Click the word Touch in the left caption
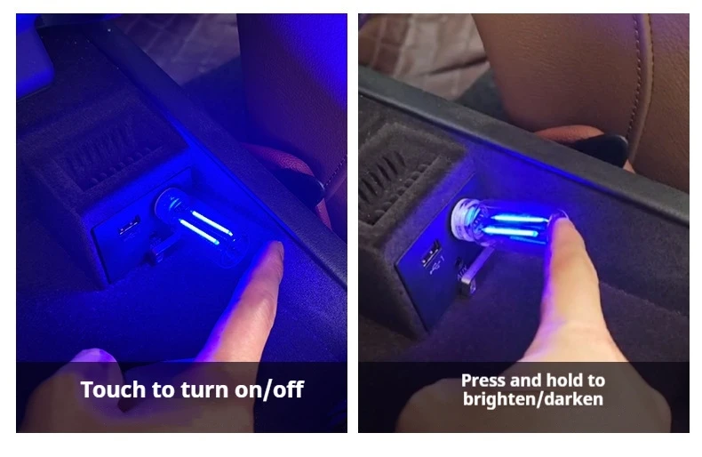click(x=114, y=389)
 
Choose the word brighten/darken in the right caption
click(x=533, y=399)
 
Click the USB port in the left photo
click(x=130, y=227)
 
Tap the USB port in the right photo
click(x=430, y=254)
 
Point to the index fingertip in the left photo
click(x=274, y=252)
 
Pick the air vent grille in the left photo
click(x=104, y=152)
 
